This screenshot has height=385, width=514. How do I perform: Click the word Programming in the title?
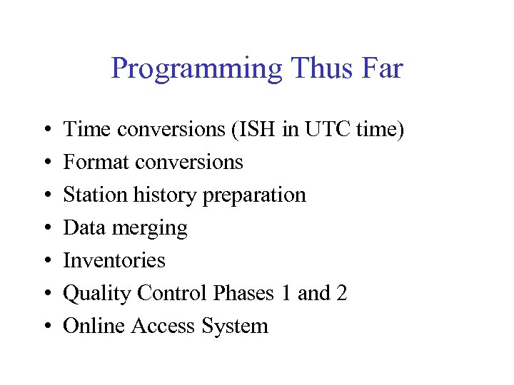click(x=197, y=70)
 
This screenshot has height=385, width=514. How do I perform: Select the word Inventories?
click(x=114, y=261)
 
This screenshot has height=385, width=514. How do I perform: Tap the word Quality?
click(x=97, y=294)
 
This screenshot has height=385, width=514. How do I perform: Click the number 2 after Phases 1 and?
click(x=341, y=293)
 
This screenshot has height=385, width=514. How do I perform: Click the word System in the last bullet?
click(x=235, y=327)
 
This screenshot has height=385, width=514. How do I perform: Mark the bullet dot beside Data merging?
click(x=45, y=229)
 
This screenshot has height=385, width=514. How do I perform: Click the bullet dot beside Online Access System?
click(x=45, y=327)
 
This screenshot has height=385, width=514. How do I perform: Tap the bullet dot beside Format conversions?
click(x=45, y=163)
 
